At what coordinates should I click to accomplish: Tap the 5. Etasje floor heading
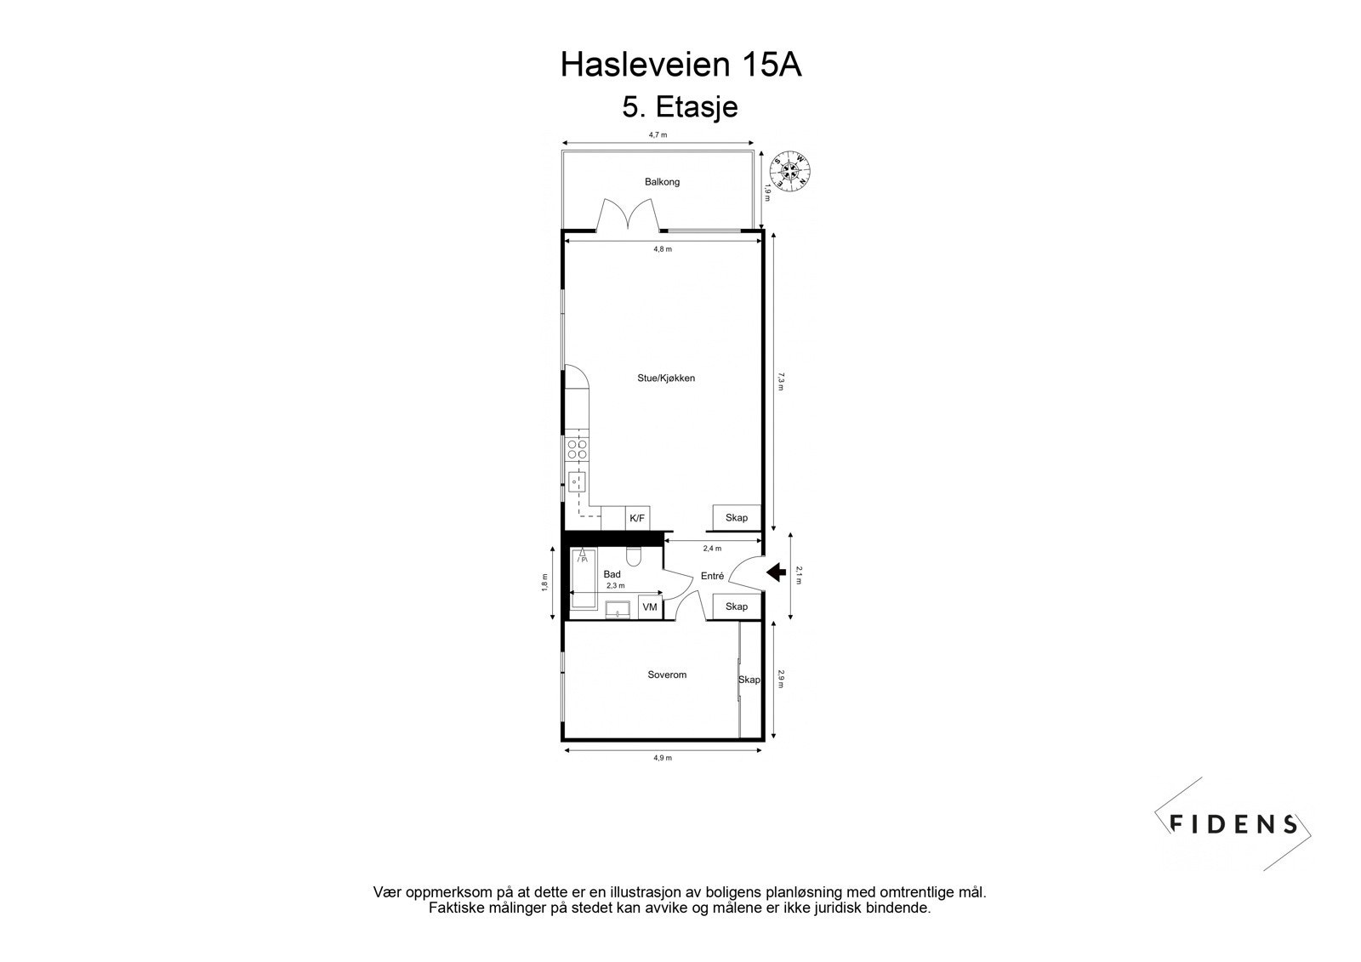(680, 108)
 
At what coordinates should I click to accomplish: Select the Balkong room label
(662, 182)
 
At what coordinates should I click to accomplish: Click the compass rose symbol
(790, 170)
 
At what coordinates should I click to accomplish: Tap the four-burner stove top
(577, 449)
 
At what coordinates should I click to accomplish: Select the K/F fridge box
(637, 518)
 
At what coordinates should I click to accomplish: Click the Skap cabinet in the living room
(736, 518)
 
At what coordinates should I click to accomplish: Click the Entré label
(712, 576)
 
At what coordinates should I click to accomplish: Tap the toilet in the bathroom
(633, 556)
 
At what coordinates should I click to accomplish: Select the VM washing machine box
(650, 607)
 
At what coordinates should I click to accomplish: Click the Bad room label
(612, 574)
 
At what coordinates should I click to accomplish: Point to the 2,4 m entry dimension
(712, 549)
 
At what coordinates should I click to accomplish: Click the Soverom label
(667, 675)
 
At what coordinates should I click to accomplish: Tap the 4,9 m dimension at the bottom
(663, 758)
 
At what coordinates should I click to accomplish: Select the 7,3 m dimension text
(781, 380)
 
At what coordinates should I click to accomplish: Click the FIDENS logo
(1233, 823)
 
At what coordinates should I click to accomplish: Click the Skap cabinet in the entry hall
(736, 606)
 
